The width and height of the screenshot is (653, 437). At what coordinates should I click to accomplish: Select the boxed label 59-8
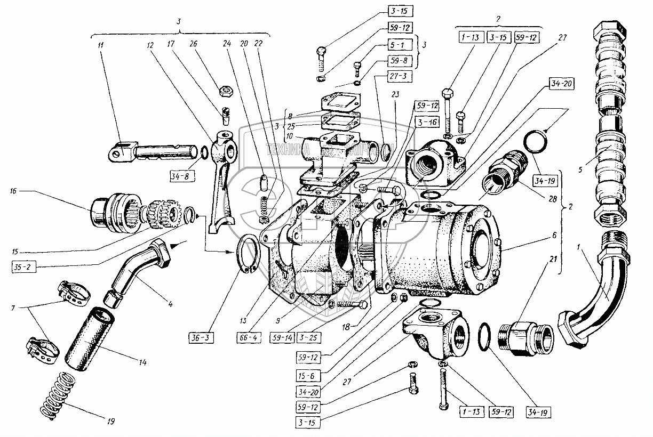pos(395,60)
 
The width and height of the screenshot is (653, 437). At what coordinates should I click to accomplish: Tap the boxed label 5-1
pos(395,46)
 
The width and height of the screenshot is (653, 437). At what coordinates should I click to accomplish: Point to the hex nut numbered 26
pos(226,92)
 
